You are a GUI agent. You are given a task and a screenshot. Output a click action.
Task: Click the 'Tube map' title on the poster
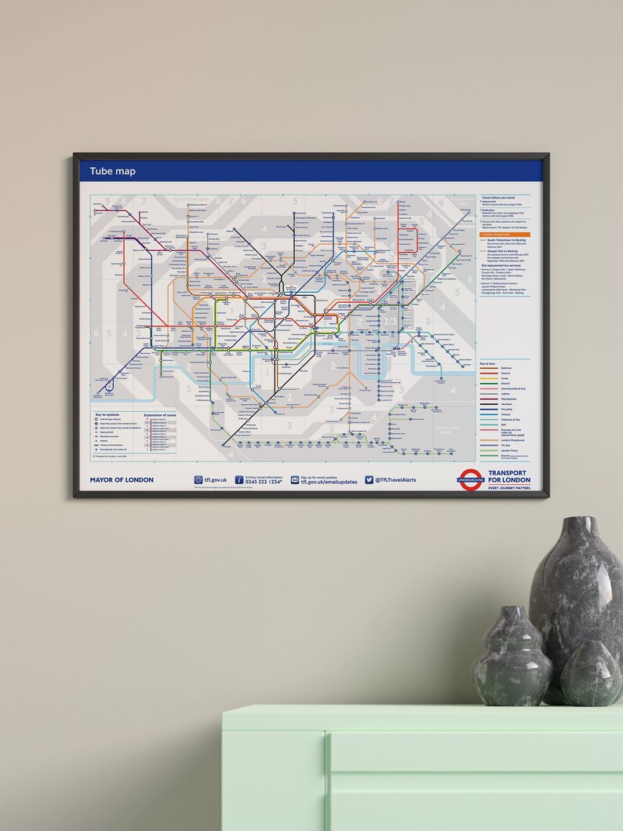click(113, 171)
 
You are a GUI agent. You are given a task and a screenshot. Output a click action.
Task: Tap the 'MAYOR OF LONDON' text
click(122, 479)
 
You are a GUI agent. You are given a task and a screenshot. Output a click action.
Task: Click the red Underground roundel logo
click(471, 479)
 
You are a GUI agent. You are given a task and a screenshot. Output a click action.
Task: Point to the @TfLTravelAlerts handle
click(395, 479)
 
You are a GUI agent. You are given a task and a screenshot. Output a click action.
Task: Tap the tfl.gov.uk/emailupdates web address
click(329, 482)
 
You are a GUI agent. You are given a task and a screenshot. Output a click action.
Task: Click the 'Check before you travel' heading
click(503, 197)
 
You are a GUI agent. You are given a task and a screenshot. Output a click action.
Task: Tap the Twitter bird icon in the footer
click(369, 479)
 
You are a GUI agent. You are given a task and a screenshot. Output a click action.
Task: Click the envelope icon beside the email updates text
click(295, 479)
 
